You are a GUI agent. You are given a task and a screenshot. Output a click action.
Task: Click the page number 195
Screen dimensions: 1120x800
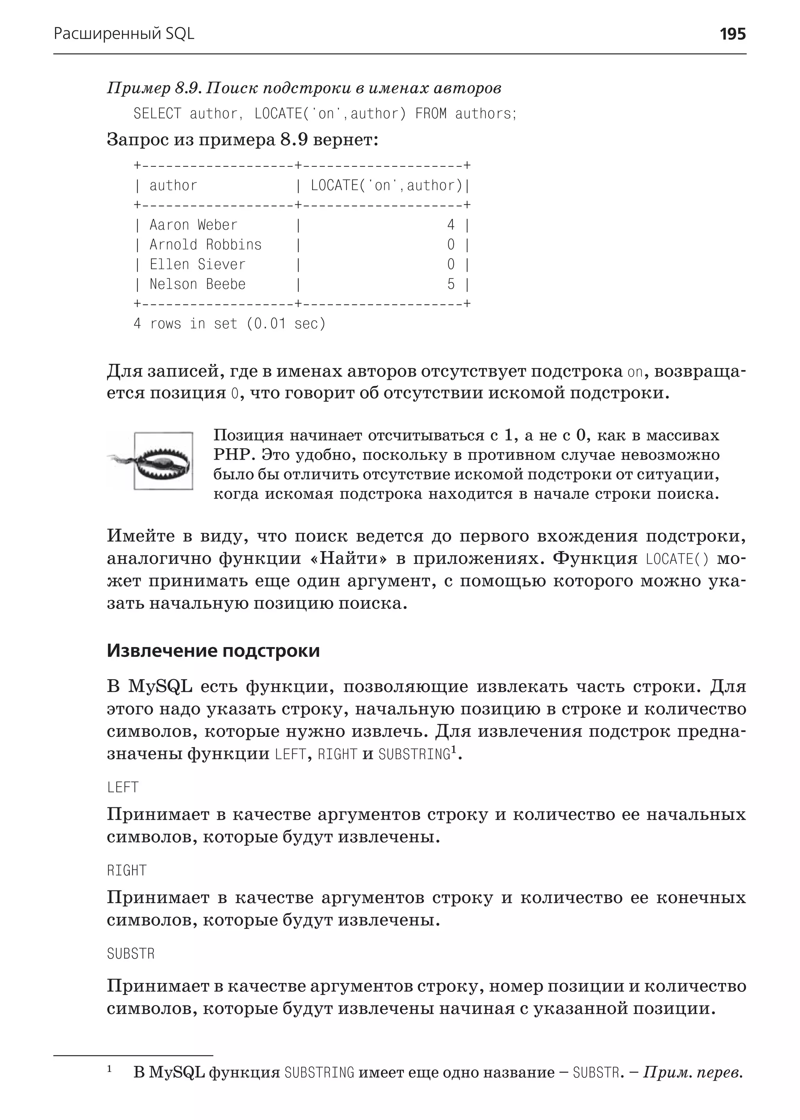732,34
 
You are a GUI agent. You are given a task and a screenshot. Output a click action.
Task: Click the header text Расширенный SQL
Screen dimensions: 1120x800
124,34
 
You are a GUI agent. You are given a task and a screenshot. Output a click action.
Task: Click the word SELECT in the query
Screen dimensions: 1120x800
157,114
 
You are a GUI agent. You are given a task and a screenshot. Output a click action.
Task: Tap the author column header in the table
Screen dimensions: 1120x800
173,185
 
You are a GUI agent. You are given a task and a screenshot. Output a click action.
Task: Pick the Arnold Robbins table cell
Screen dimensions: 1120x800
205,245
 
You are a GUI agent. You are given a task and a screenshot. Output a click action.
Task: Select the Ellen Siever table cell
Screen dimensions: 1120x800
197,264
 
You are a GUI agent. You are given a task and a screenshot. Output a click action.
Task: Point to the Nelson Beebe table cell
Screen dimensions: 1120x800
197,284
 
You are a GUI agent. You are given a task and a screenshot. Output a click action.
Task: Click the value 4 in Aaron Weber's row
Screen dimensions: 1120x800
451,225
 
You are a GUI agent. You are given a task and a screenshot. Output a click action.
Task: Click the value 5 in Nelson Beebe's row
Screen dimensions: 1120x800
451,284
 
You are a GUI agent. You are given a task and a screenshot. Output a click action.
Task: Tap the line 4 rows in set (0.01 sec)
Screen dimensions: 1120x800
230,324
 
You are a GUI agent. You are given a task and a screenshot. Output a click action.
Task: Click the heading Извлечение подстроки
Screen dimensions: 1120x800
213,651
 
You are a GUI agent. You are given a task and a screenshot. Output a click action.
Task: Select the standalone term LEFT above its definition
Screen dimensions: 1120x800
123,787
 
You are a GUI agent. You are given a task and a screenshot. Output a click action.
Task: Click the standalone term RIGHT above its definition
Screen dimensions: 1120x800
127,870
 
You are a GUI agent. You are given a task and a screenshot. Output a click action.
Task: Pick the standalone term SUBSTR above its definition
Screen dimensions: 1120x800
130,954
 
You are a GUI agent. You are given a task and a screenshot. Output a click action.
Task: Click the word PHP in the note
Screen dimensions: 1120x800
233,455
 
